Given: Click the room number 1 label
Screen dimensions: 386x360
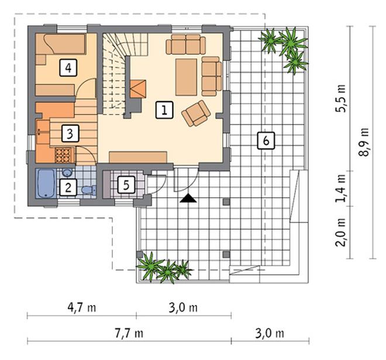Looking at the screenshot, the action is point(164,110).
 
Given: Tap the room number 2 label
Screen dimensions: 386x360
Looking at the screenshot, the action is point(68,187).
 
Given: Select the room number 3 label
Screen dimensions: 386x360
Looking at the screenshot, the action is point(70,133).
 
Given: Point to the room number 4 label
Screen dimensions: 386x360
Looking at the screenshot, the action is point(68,68).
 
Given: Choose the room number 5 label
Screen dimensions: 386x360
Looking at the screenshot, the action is point(126,185).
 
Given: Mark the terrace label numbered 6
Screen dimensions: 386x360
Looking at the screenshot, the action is point(266,140).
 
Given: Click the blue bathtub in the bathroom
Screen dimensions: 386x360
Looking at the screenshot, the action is point(46,184).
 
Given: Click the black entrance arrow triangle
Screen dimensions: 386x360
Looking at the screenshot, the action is point(188,198).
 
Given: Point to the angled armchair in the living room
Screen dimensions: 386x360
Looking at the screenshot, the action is point(196,113).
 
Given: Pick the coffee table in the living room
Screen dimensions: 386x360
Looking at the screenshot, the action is point(186,77).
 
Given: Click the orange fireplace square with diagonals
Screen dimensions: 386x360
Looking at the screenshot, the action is point(138,89).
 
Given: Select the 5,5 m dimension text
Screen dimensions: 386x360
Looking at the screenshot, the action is point(340,98).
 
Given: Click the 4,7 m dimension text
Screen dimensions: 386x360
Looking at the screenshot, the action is point(82,307).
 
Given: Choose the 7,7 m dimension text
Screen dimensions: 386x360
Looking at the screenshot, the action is point(129,334).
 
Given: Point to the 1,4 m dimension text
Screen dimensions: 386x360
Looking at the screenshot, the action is point(340,188).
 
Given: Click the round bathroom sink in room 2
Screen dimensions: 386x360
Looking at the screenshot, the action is point(67,172).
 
